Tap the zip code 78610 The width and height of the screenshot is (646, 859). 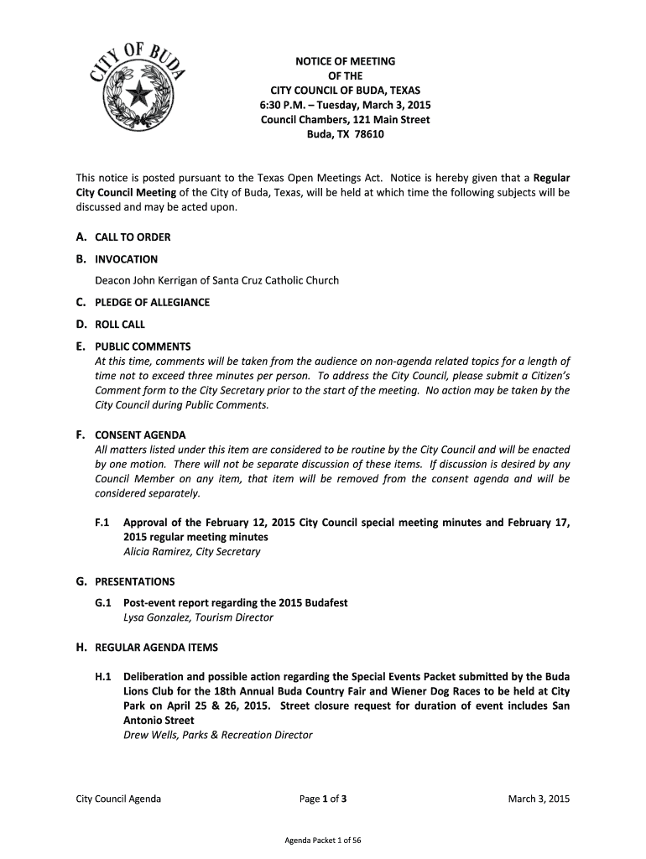pyautogui.click(x=369, y=134)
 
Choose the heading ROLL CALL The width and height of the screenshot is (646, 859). pyautogui.click(x=120, y=324)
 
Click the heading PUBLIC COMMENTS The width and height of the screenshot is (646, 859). pyautogui.click(x=143, y=346)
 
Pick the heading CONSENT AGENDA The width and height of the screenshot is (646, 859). pyautogui.click(x=140, y=435)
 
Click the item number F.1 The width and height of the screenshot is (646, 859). pyautogui.click(x=104, y=523)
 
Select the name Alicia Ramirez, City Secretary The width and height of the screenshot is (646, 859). pyautogui.click(x=191, y=552)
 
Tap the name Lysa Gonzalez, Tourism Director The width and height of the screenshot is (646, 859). pyautogui.click(x=198, y=617)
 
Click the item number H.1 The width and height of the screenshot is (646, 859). pyautogui.click(x=104, y=676)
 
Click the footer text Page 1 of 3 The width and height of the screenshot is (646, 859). pyautogui.click(x=323, y=799)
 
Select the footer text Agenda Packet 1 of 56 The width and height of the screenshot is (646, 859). pyautogui.click(x=323, y=840)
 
